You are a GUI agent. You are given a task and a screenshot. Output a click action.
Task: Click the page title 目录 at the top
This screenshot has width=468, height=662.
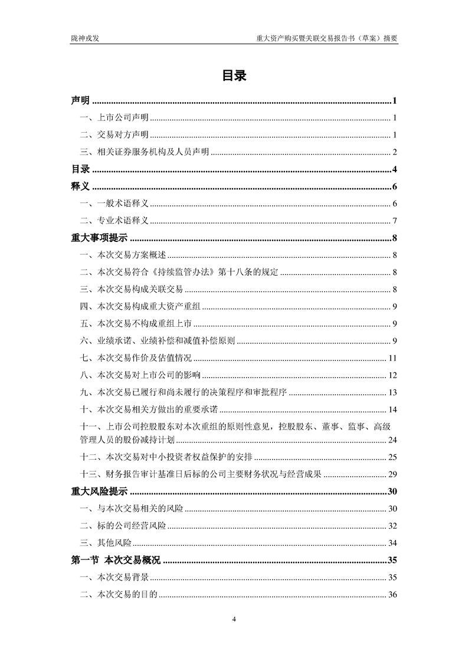pos(234,76)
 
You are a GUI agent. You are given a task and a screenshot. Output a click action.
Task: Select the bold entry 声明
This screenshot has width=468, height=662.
pos(80,101)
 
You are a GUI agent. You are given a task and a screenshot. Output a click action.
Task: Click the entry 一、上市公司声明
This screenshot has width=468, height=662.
pos(114,118)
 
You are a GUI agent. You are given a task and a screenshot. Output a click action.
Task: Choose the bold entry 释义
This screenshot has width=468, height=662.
pos(80,187)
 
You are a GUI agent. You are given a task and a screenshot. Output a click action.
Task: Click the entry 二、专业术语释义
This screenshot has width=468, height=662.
pos(114,221)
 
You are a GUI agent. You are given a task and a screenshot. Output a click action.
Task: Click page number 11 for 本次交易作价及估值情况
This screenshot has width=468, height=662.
pos(392,358)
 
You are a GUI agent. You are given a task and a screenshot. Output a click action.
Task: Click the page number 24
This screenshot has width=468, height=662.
pos(392,440)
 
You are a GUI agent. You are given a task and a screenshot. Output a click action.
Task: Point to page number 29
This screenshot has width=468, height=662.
pos(392,474)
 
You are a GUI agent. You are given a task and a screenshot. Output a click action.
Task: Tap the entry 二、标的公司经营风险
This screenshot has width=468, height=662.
pos(123,526)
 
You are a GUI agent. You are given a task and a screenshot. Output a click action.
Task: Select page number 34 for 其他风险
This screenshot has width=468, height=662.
pos(392,543)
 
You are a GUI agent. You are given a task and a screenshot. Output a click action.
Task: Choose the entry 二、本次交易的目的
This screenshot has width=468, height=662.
pos(119,594)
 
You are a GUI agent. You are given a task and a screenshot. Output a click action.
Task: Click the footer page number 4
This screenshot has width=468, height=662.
pos(234,619)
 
